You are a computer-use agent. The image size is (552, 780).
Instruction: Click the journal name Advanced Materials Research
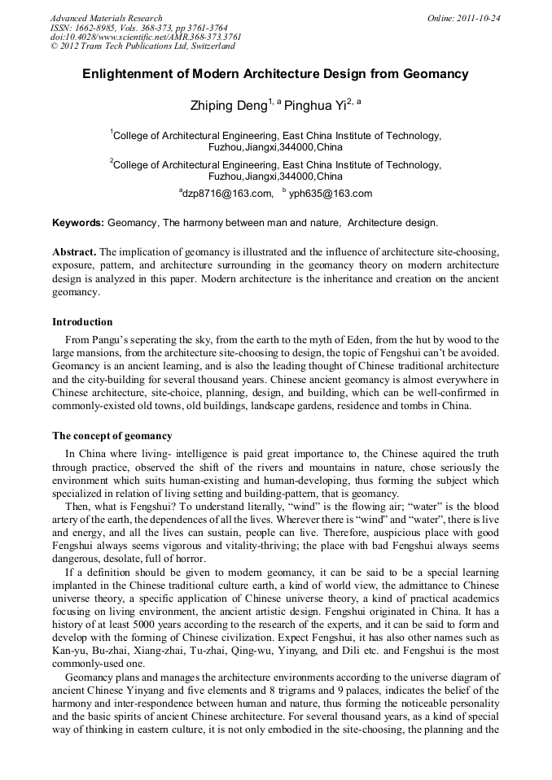[x=107, y=18]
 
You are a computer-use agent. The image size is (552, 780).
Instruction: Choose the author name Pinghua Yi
[x=313, y=105]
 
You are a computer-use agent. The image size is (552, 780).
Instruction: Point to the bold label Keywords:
[x=78, y=223]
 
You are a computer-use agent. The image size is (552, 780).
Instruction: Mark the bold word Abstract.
[x=74, y=252]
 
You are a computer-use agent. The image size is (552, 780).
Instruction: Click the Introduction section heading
[x=82, y=322]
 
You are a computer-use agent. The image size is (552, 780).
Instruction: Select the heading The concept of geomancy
[x=112, y=436]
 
